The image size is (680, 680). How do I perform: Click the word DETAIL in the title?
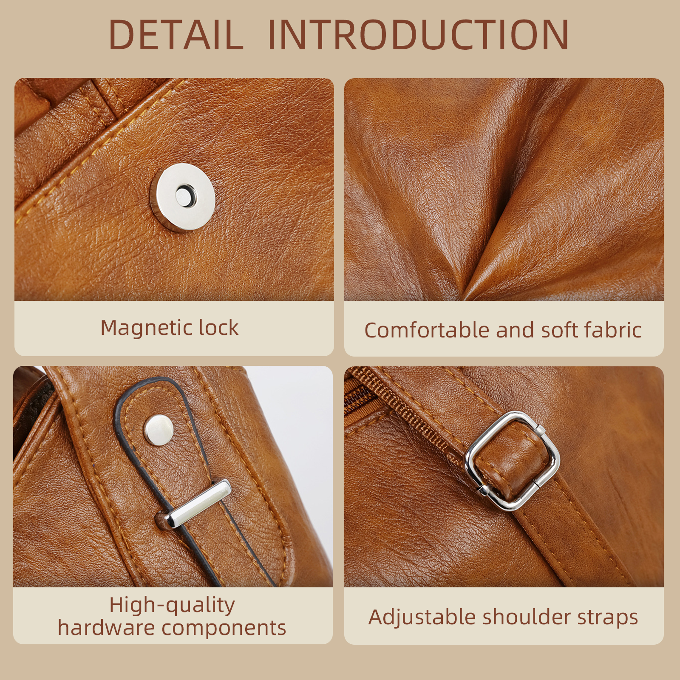(x=176, y=35)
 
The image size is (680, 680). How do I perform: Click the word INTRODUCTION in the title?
(x=419, y=35)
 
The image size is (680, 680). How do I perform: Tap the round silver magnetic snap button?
(x=185, y=197)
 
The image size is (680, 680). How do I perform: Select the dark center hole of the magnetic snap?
(x=185, y=196)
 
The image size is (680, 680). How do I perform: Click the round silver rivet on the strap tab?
(x=159, y=430)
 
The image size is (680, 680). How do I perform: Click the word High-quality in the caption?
(x=172, y=605)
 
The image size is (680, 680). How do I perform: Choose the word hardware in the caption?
(x=105, y=628)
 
